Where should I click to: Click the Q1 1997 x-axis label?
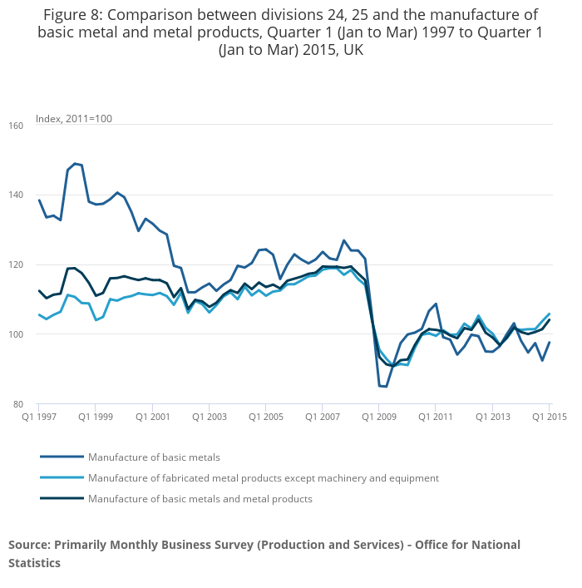pyautogui.click(x=40, y=417)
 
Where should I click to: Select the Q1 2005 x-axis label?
pyautogui.click(x=265, y=417)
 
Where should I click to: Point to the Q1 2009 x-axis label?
pyautogui.click(x=378, y=417)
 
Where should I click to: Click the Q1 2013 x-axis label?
pyautogui.click(x=492, y=417)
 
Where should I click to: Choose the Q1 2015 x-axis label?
pyautogui.click(x=548, y=417)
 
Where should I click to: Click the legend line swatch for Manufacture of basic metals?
pyautogui.click(x=62, y=457)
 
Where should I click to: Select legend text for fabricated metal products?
pyautogui.click(x=263, y=478)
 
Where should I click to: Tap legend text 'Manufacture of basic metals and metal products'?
pyautogui.click(x=200, y=499)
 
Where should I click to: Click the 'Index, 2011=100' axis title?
pyautogui.click(x=73, y=119)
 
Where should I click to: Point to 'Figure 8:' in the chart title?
pyautogui.click(x=73, y=16)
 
